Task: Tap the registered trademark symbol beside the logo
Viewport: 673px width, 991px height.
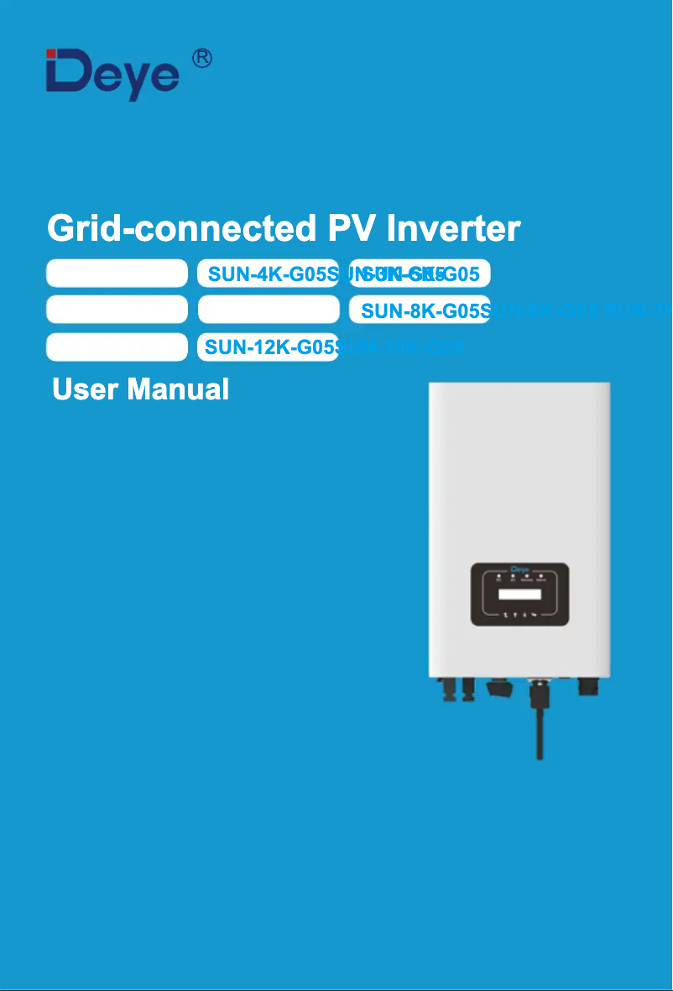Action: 201,59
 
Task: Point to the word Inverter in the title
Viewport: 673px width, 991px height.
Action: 453,228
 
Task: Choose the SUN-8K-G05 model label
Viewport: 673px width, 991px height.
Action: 420,310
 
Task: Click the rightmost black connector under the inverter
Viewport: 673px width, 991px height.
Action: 588,686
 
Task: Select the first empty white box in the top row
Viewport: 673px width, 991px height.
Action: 117,274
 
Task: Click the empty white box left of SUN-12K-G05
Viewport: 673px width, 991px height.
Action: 117,347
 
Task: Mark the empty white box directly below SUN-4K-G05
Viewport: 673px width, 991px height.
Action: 268,310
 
